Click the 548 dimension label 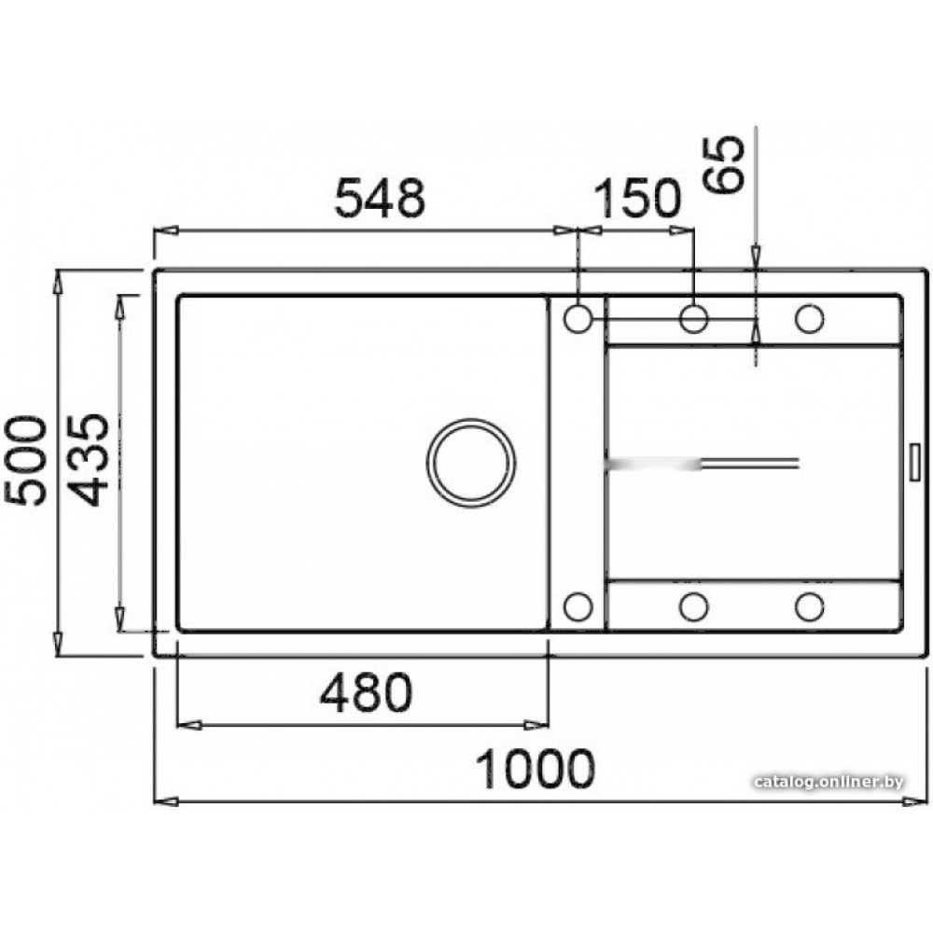click(x=380, y=197)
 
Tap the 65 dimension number click(x=724, y=165)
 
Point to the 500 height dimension click(x=25, y=461)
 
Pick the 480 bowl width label click(x=366, y=692)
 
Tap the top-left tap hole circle click(x=578, y=318)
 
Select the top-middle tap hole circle click(x=693, y=318)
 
